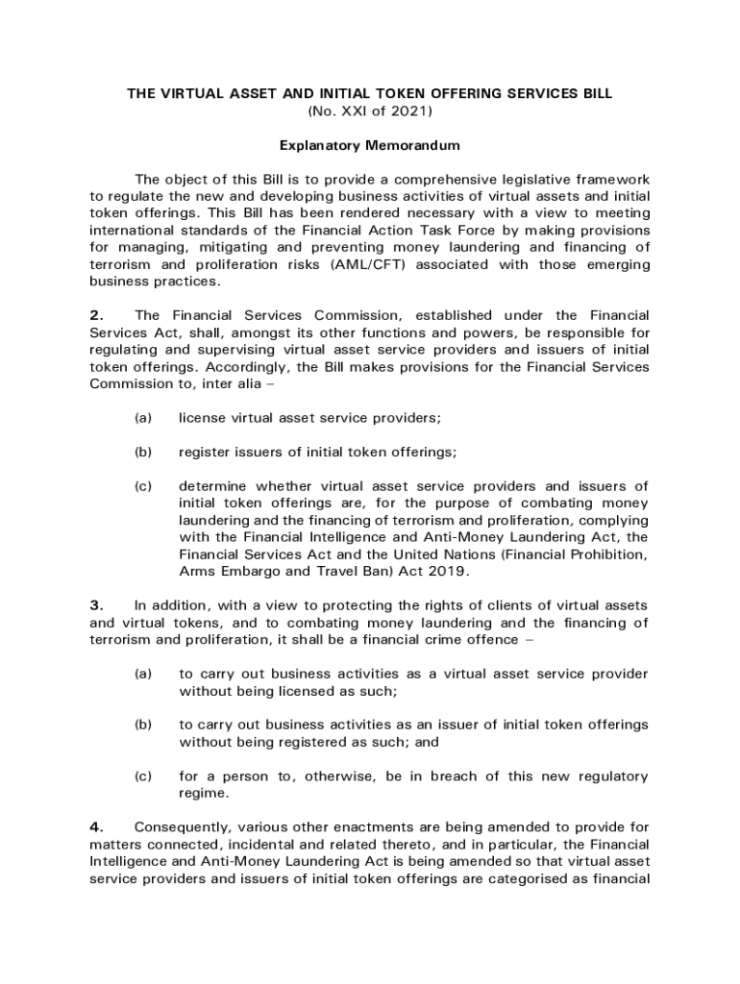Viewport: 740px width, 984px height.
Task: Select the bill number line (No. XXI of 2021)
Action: [x=370, y=111]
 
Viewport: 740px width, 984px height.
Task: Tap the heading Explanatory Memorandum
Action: [x=370, y=146]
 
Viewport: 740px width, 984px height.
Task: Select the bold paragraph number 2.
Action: [x=95, y=315]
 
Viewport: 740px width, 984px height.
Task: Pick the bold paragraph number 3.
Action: [x=95, y=605]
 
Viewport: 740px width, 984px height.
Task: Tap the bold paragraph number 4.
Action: [x=95, y=826]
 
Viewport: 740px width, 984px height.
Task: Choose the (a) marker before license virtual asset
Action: [x=143, y=418]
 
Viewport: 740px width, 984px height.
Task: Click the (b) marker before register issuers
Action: [x=143, y=453]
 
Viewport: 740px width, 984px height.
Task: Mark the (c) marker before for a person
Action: [x=143, y=776]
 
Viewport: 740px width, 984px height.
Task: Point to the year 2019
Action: [x=448, y=572]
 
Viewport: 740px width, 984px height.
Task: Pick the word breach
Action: [x=456, y=776]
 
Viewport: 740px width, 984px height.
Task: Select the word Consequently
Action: [x=178, y=826]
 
